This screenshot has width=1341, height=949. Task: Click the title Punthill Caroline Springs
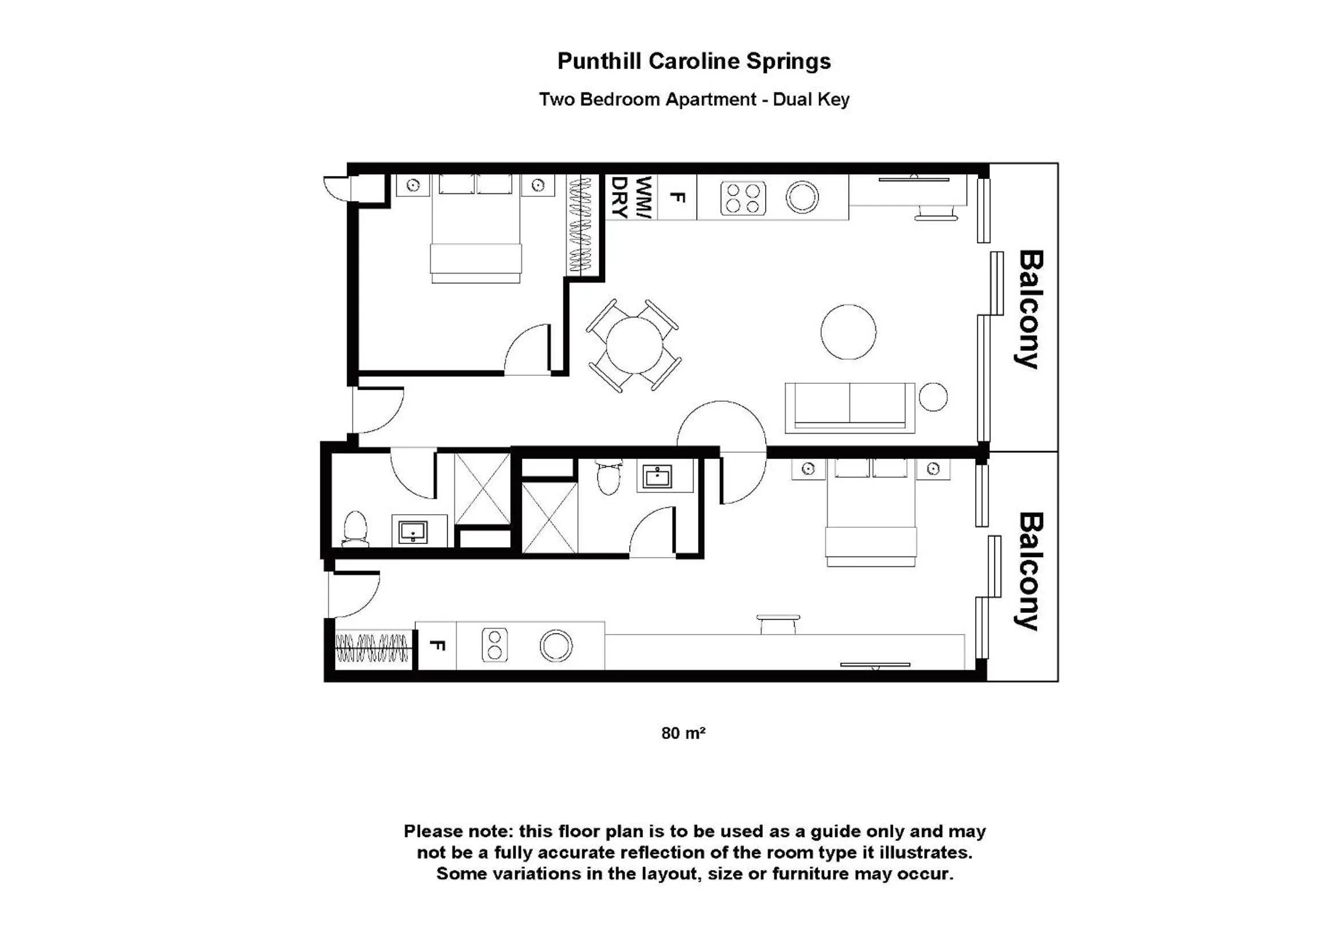point(693,61)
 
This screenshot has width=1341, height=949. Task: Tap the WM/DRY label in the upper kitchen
point(631,197)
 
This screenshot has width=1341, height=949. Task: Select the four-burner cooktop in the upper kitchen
point(743,199)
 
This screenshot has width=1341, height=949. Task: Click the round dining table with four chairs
point(634,345)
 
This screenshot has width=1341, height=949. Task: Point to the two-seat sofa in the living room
point(849,407)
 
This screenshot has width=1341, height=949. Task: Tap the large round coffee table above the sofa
point(848,331)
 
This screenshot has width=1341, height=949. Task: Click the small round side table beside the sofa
point(933,397)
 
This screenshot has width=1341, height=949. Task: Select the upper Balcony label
point(1030,309)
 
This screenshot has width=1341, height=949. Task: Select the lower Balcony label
point(1030,571)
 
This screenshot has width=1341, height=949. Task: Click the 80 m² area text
point(683,733)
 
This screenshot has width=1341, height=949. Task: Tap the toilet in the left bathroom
point(354,529)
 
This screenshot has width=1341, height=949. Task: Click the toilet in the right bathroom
point(609,476)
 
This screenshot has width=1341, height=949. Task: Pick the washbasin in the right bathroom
point(657,477)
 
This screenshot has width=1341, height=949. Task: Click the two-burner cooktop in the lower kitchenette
point(494,645)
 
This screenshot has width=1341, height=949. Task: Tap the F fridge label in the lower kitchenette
point(437,645)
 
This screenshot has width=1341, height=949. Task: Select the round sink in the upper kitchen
point(802,197)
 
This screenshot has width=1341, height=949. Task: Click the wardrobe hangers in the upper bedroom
point(580,225)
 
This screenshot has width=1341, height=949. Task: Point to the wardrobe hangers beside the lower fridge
point(372,648)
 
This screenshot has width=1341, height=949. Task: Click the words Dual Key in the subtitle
point(810,99)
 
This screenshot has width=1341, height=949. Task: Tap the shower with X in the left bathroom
point(482,488)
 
